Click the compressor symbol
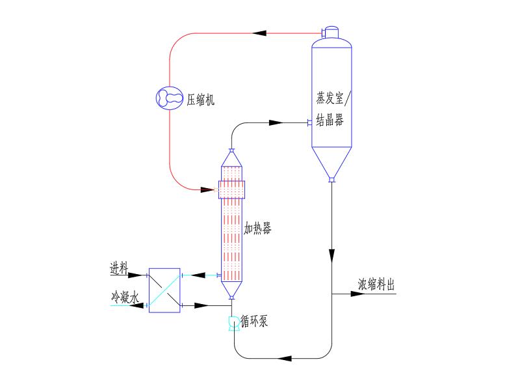(170, 98)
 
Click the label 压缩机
(200, 100)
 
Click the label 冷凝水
(124, 298)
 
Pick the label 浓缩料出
(376, 285)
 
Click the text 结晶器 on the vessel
(330, 121)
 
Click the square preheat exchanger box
(164, 290)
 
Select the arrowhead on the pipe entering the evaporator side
(275, 122)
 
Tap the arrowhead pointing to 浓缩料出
(357, 294)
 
